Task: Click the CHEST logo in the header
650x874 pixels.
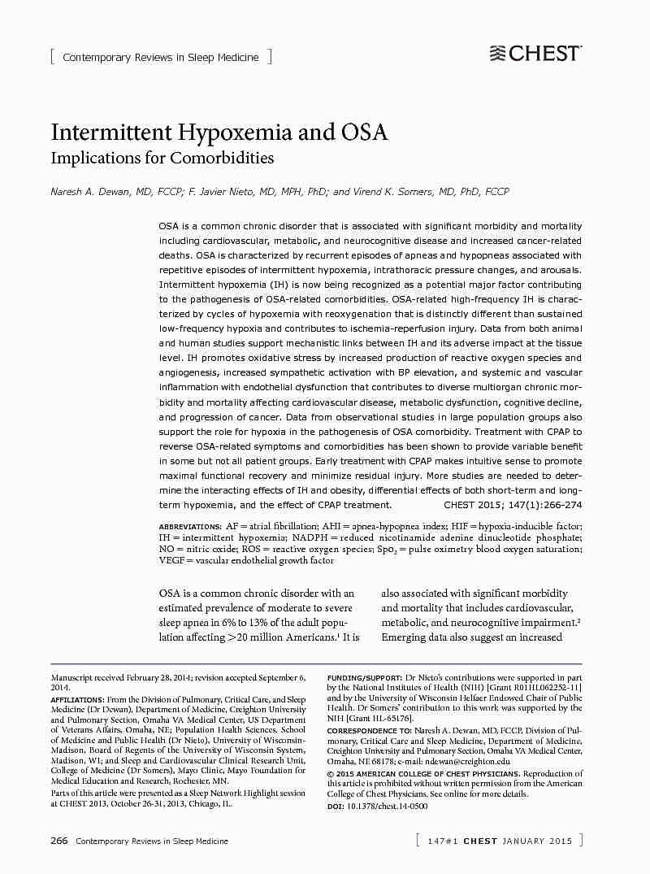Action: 535,54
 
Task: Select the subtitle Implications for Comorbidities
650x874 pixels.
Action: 162,158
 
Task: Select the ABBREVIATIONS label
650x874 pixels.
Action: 190,528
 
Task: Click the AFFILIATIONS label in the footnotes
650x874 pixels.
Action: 77,700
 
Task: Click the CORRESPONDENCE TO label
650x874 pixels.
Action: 369,731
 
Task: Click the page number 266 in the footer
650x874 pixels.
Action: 59,841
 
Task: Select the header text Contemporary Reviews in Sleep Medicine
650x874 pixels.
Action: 161,57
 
